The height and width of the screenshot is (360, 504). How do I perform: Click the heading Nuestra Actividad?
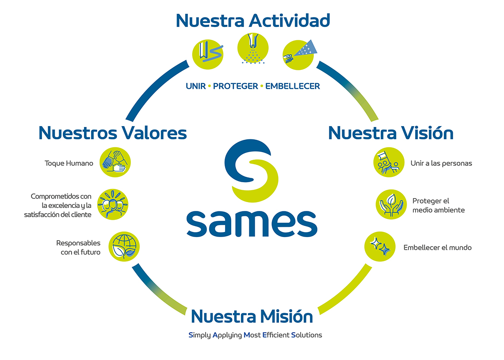click(x=253, y=20)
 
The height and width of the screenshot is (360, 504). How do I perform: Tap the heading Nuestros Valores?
click(x=113, y=132)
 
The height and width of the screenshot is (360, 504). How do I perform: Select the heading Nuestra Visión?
click(x=391, y=132)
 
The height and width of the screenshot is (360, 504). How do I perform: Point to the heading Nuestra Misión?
click(x=252, y=316)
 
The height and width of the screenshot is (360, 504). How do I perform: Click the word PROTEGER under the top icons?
click(x=235, y=86)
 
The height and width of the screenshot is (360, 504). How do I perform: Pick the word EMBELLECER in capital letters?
click(x=292, y=86)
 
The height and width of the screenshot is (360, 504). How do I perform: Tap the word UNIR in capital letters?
click(x=196, y=86)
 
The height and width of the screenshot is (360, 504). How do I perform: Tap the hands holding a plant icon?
click(x=391, y=204)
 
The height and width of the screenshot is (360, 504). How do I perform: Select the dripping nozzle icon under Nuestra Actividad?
click(x=253, y=49)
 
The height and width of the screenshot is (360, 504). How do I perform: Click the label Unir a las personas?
click(x=441, y=163)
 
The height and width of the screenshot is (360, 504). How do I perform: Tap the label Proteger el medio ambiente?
click(x=438, y=205)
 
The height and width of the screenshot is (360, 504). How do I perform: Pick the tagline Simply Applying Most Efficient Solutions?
click(x=255, y=335)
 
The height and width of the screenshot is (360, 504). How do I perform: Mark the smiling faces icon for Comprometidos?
click(x=112, y=204)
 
